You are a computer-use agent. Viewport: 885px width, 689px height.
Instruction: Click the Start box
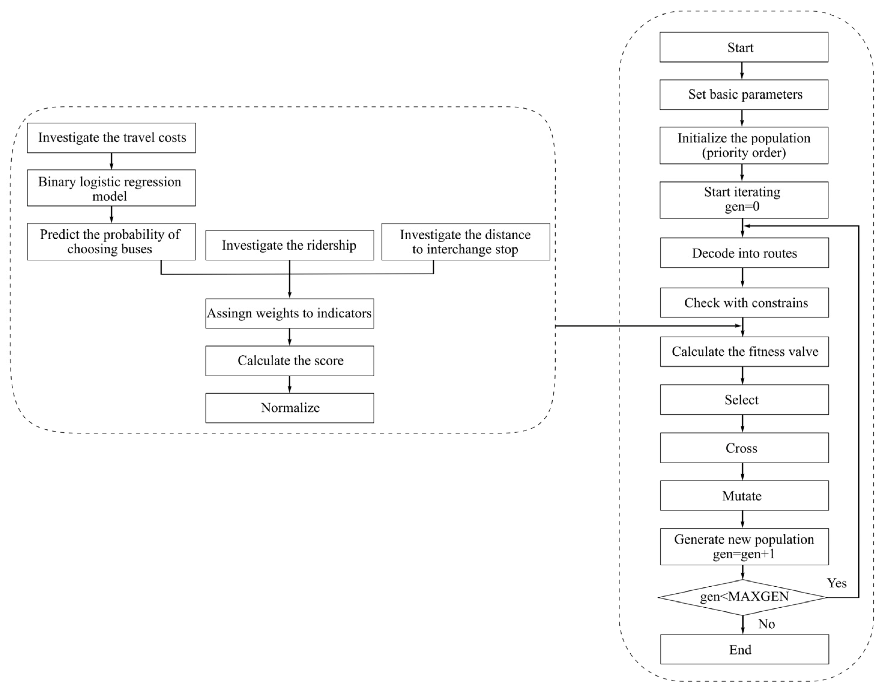(x=744, y=47)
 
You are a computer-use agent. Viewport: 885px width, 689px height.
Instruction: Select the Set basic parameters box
(x=744, y=94)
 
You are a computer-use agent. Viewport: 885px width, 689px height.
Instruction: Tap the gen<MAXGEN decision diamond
(x=743, y=597)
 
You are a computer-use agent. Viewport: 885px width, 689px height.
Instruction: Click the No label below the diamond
(x=766, y=624)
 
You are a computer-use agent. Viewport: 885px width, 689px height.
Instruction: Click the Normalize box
(x=289, y=408)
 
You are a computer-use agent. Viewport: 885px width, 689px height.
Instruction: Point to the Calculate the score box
(x=289, y=360)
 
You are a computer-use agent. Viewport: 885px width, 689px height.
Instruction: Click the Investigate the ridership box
(x=289, y=245)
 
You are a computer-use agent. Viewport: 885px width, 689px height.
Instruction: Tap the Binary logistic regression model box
(x=111, y=188)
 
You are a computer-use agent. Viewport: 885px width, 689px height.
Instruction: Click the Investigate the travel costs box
(x=111, y=138)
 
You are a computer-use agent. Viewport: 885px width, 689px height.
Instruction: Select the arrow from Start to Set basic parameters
(x=742, y=71)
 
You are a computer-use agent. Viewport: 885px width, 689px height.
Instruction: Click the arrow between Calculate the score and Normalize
(x=289, y=384)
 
